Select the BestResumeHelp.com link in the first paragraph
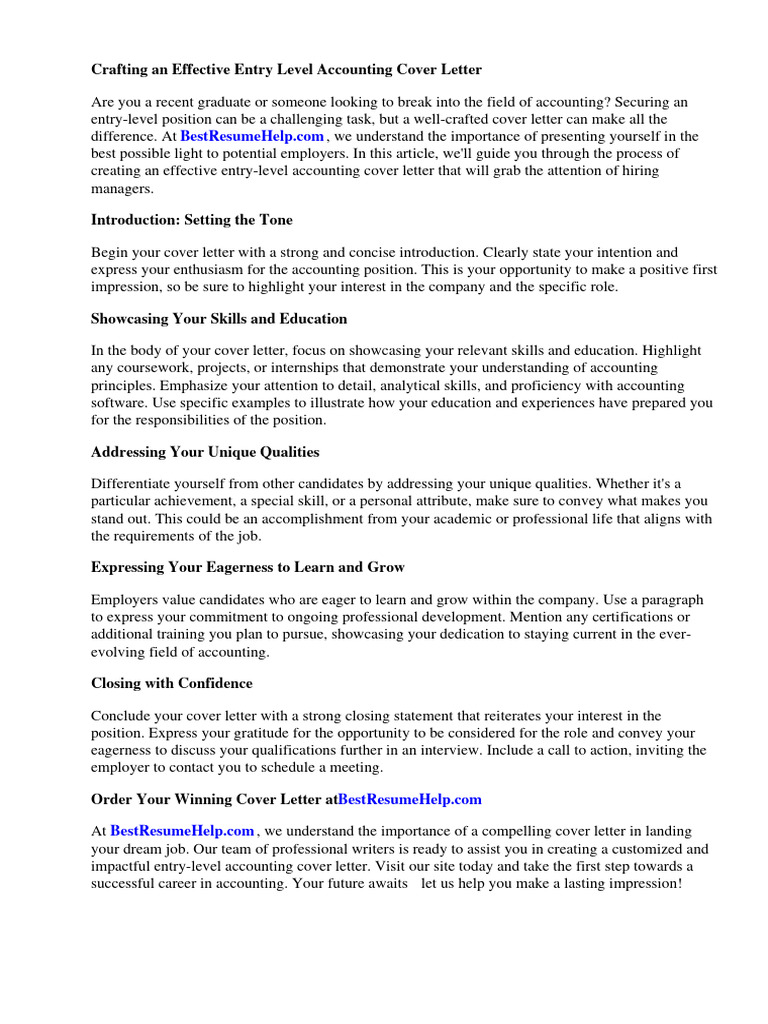(252, 136)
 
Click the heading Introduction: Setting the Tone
(192, 219)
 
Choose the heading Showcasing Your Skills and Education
(219, 319)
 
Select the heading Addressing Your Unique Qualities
(205, 452)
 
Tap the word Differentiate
(136, 484)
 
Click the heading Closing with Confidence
(172, 683)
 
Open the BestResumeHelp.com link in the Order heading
(410, 799)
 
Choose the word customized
(642, 848)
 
